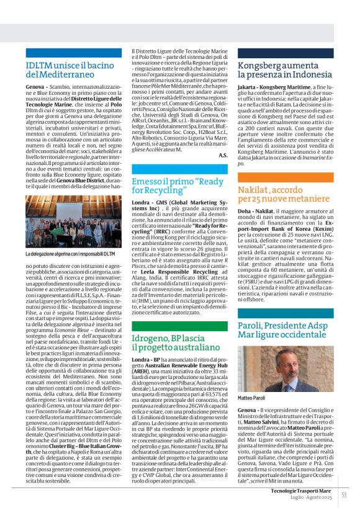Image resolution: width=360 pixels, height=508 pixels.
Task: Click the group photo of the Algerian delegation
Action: [x=73, y=222]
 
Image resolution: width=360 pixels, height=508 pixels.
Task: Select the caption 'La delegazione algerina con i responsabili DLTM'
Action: [x=70, y=254]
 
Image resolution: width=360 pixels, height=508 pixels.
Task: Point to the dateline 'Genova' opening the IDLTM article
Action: [x=35, y=87]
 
